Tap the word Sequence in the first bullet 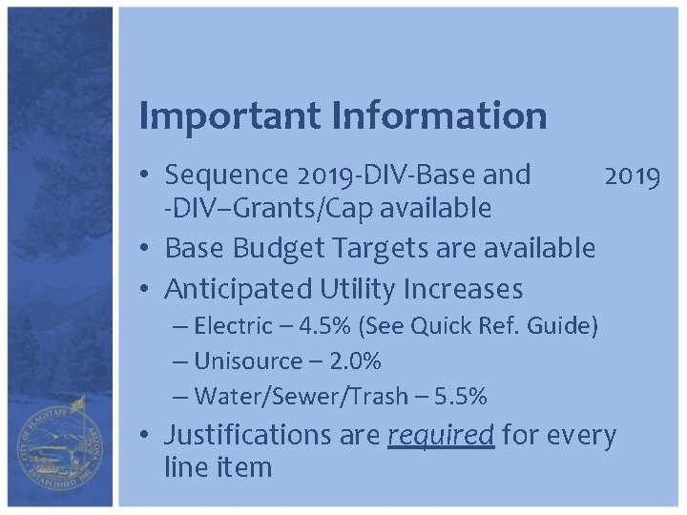pyautogui.click(x=225, y=175)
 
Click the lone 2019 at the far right pyautogui.click(x=631, y=175)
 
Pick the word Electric pyautogui.click(x=233, y=326)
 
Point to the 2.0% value pyautogui.click(x=354, y=361)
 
